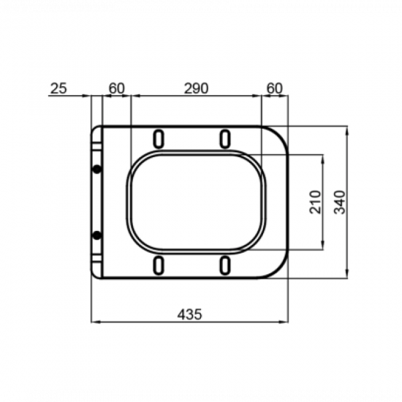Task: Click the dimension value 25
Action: [58, 88]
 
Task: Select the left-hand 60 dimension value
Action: [117, 88]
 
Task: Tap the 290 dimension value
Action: [196, 88]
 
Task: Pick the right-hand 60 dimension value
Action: [274, 88]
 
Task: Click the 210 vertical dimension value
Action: [315, 202]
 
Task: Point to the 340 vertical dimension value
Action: [340, 202]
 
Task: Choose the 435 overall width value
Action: [190, 314]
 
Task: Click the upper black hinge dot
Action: [97, 169]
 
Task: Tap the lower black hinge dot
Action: [97, 235]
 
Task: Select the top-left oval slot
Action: [159, 139]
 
